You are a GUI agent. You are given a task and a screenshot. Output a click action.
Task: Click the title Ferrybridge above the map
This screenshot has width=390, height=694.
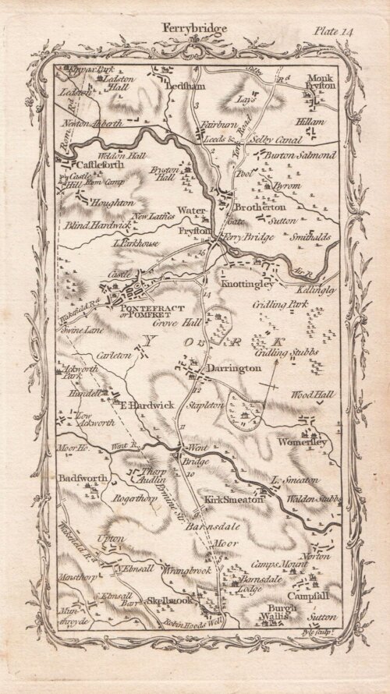[x=194, y=28]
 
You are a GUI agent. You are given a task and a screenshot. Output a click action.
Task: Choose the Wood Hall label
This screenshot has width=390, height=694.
[x=313, y=395]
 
